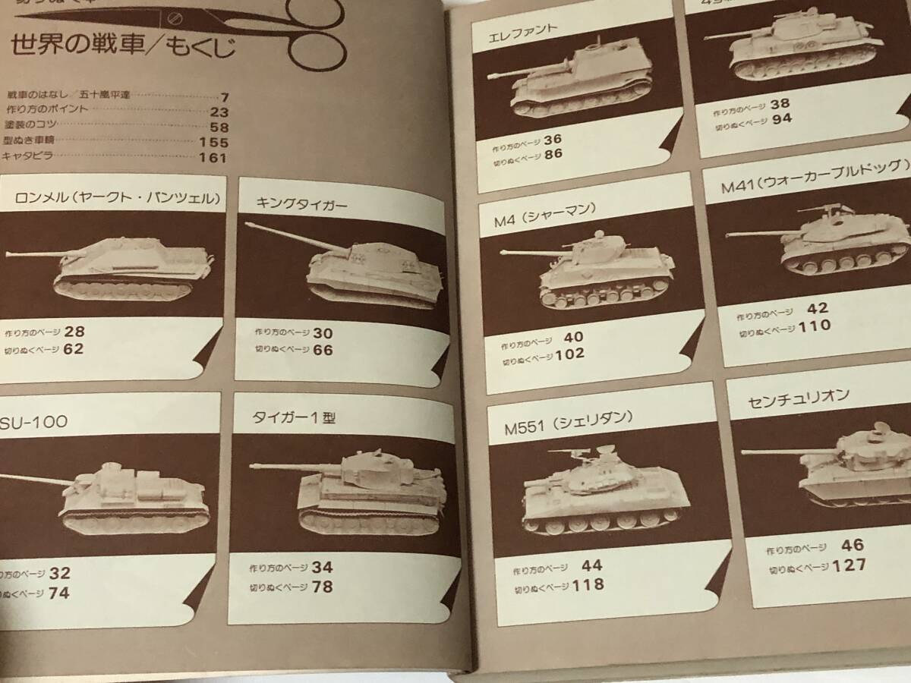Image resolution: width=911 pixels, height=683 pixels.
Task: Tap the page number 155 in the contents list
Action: pyautogui.click(x=213, y=143)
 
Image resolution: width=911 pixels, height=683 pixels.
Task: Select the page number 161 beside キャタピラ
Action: pyautogui.click(x=213, y=158)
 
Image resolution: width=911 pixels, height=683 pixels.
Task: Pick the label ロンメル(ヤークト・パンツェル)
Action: pyautogui.click(x=118, y=200)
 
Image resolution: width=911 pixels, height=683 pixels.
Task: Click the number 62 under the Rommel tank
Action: pyautogui.click(x=74, y=349)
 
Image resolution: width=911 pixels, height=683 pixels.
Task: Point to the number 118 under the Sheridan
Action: pyautogui.click(x=589, y=584)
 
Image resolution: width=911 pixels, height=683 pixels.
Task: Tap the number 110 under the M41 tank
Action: pyautogui.click(x=815, y=326)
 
